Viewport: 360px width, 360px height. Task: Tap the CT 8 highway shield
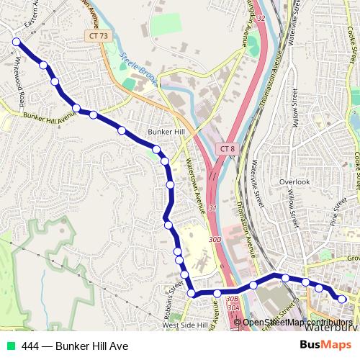[227, 148]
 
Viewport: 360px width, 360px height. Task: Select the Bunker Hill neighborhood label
[166, 132]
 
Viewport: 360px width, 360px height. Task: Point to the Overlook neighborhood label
[294, 182]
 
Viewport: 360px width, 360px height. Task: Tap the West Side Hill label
[184, 325]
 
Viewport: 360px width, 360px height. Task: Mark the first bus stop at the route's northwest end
[16, 42]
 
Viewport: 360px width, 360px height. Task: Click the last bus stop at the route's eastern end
[342, 299]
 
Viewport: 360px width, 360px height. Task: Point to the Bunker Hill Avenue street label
[48, 114]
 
